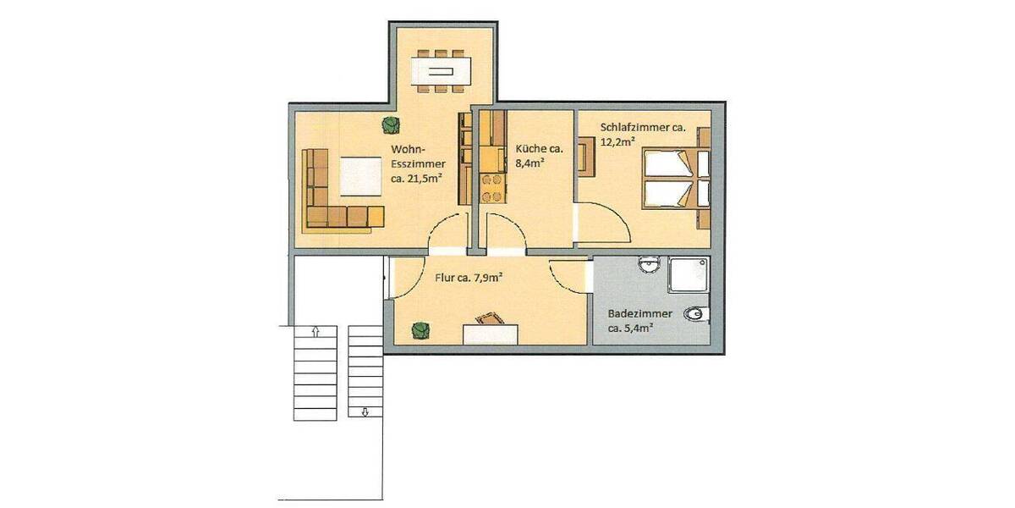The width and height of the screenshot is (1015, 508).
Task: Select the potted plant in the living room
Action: click(390, 124)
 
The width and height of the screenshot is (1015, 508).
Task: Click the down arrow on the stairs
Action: click(365, 412)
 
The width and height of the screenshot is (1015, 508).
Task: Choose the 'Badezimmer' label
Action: click(640, 313)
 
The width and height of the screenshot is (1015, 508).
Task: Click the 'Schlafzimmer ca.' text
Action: click(642, 128)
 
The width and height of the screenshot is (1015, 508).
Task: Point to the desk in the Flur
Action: click(491, 331)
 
